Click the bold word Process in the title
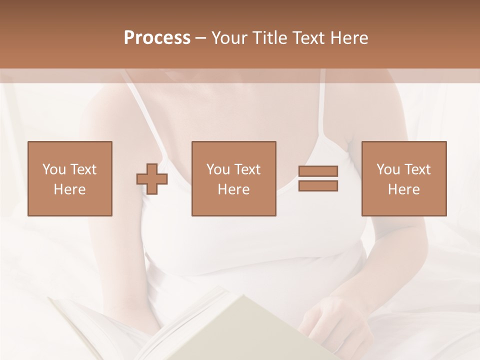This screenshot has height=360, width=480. coord(157,37)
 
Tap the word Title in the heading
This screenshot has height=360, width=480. coord(270,37)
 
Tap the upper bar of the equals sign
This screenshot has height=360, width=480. coord(318,171)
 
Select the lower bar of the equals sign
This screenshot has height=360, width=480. coord(318,186)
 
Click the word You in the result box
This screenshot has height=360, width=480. coord(388,169)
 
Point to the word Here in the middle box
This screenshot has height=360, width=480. coord(234,189)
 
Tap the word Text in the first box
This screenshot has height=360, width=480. coord(83,169)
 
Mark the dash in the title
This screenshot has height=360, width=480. coord(201,38)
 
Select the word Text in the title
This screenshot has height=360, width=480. coord(307,37)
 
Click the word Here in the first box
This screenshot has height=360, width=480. coord(70,189)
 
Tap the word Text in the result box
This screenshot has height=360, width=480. coord(417,169)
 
